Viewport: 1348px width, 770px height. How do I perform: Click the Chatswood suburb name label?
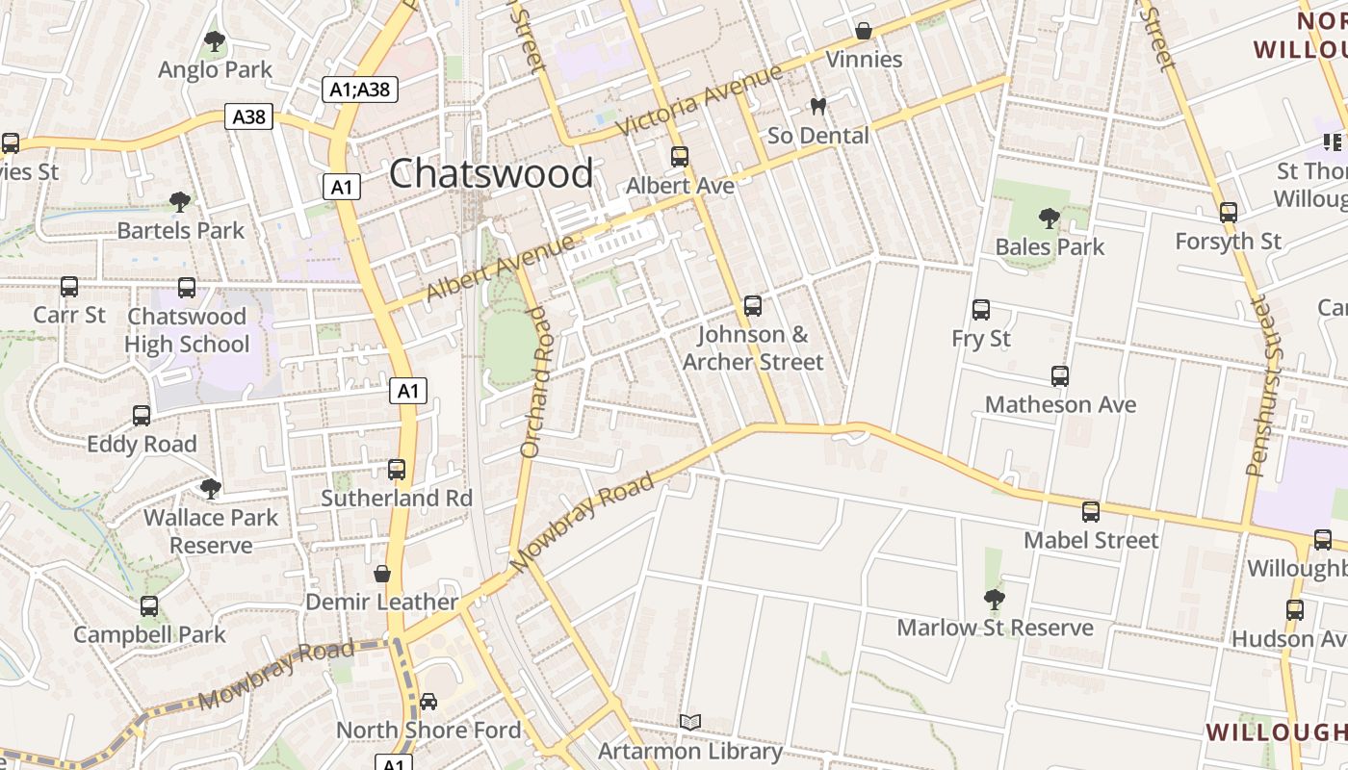tap(491, 174)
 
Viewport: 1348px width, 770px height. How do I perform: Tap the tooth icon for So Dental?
tap(818, 106)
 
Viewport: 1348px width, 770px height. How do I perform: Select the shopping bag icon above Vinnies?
tap(864, 31)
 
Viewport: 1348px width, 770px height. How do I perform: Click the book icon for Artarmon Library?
tap(689, 722)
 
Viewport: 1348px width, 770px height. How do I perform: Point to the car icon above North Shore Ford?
tap(428, 701)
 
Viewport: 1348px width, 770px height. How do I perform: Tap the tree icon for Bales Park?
tap(1050, 218)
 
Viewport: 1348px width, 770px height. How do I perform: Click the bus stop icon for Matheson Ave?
tap(1060, 376)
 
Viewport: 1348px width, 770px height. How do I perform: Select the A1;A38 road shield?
tap(359, 90)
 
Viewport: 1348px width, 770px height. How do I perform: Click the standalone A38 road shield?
tap(249, 117)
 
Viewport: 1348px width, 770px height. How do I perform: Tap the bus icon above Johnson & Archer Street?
tap(753, 306)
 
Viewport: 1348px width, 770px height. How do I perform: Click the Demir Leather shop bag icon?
tap(382, 575)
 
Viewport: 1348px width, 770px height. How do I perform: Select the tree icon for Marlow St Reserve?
tap(995, 600)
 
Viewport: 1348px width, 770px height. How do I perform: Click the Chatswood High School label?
tap(187, 330)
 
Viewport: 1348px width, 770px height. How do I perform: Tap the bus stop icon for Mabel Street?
tap(1091, 512)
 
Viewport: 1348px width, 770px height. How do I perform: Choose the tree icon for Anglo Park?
tap(215, 41)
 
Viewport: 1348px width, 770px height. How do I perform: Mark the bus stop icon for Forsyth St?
tap(1229, 213)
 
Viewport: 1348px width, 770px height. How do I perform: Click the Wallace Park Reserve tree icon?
tap(211, 489)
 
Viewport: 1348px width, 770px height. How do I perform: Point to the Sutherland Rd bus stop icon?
tap(397, 470)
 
